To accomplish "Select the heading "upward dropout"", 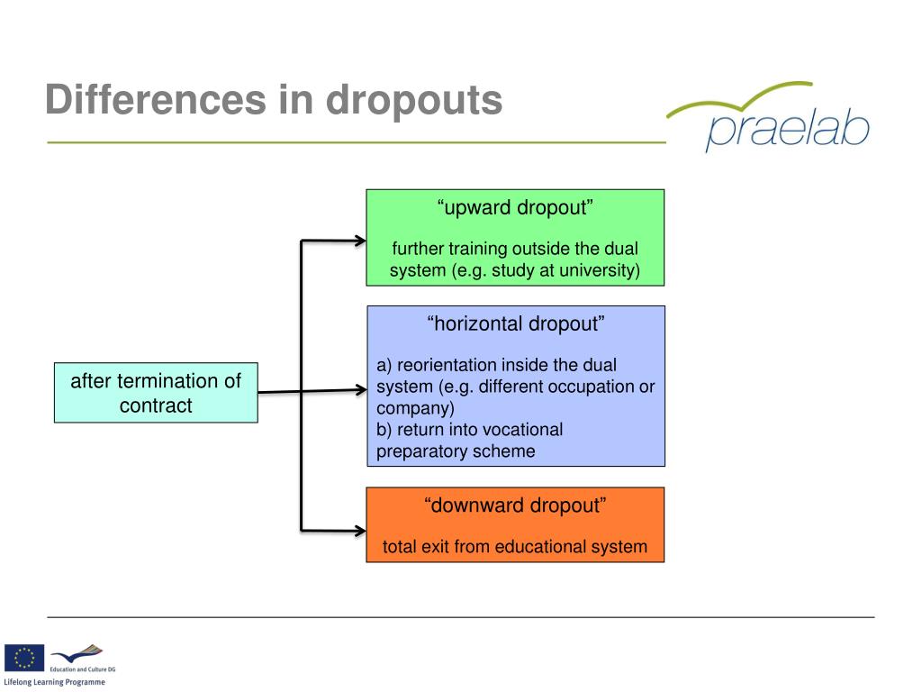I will pyautogui.click(x=515, y=208).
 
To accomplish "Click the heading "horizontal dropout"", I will pyautogui.click(x=515, y=324).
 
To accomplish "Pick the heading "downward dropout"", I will pyautogui.click(x=515, y=505).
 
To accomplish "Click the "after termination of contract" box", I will pyautogui.click(x=156, y=393).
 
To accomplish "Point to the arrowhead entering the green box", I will pyautogui.click(x=360, y=241).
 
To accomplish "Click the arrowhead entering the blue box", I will pyautogui.click(x=362, y=390).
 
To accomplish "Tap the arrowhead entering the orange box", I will pyautogui.click(x=360, y=530).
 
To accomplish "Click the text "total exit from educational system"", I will pyautogui.click(x=515, y=546).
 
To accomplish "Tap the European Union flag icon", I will pyautogui.click(x=24, y=658).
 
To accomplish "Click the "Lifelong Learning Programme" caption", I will pyautogui.click(x=54, y=682).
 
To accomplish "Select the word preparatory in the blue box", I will pyautogui.click(x=420, y=451).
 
